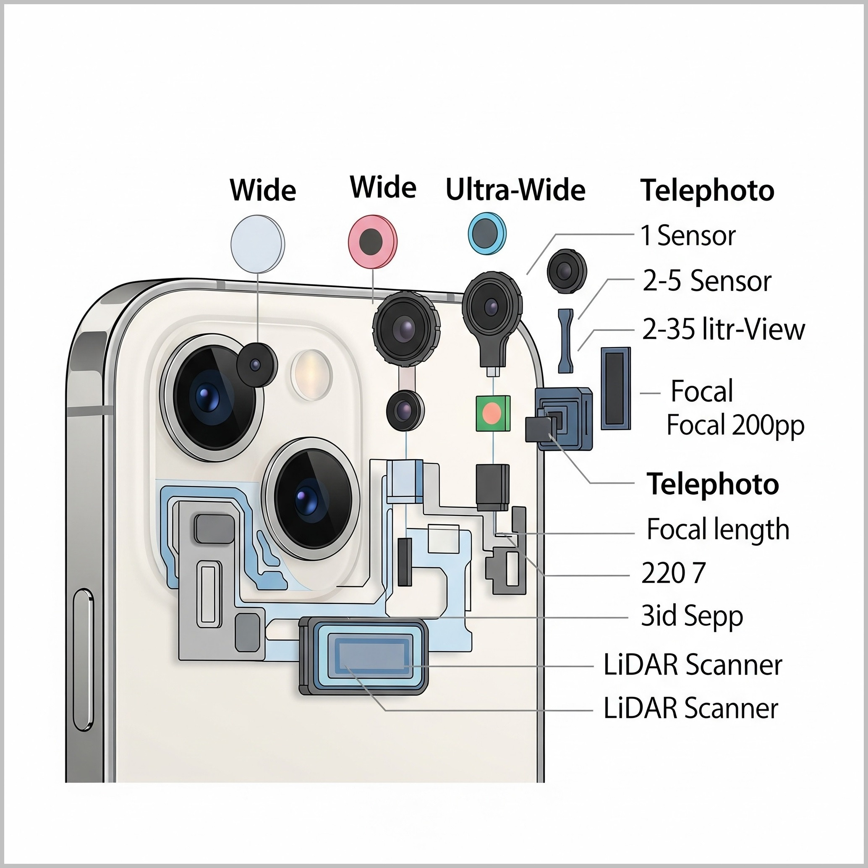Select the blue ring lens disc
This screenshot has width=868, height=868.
[x=486, y=234]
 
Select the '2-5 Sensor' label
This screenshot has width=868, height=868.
[x=706, y=282]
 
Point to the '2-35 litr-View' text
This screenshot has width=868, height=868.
[x=723, y=329]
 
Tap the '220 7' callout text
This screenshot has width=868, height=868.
[x=673, y=573]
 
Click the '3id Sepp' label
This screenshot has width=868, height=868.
[x=691, y=617]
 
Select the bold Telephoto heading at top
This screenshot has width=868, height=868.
[x=707, y=191]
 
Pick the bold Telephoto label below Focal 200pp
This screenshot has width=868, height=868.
[x=713, y=484]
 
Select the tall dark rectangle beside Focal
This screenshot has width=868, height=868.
[x=615, y=389]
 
